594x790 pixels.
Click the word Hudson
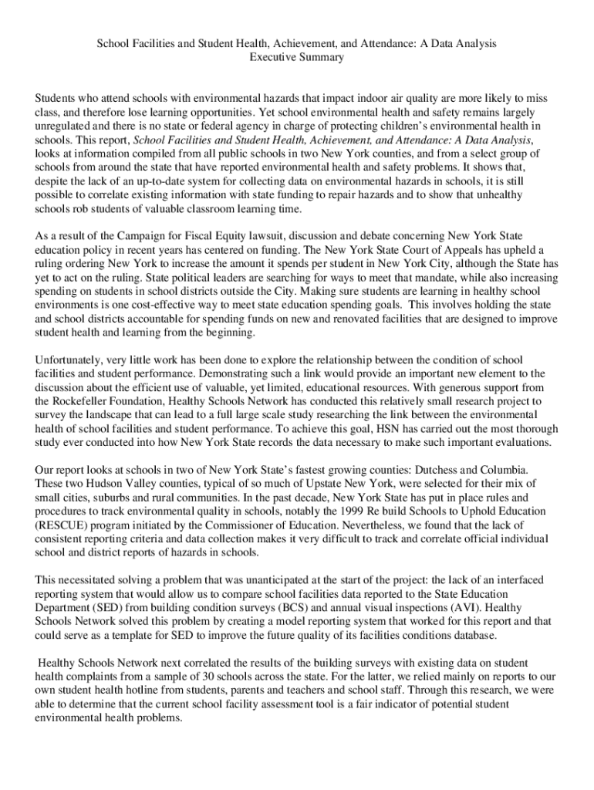88,483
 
